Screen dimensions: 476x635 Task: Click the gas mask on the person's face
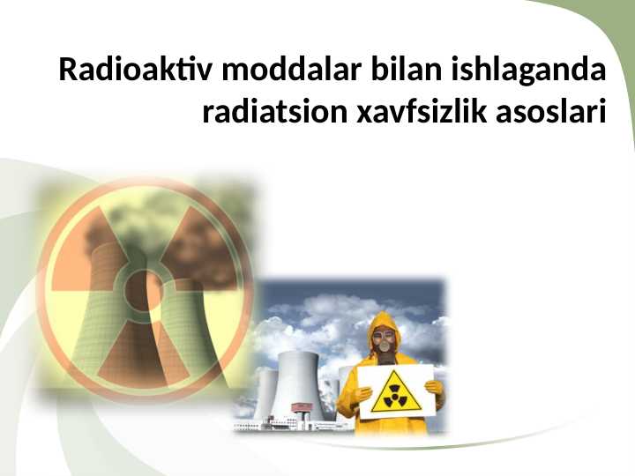click(x=384, y=339)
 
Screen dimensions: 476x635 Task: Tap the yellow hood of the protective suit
click(x=385, y=321)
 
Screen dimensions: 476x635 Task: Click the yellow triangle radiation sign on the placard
click(x=395, y=393)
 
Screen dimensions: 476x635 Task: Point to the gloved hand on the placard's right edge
click(x=434, y=388)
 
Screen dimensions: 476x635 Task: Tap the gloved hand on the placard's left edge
click(x=362, y=393)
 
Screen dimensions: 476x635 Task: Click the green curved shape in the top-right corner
click(x=609, y=53)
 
